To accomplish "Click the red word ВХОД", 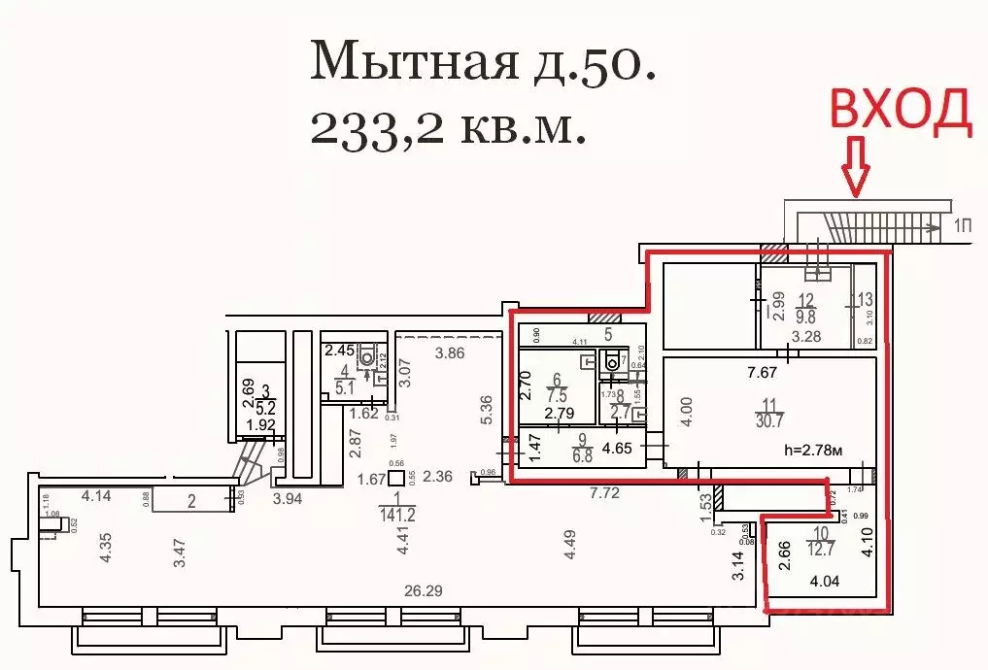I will click(x=899, y=111).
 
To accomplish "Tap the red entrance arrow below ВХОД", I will click(x=856, y=166).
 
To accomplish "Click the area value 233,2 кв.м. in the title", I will click(x=448, y=126).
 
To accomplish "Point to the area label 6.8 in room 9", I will click(x=557, y=455).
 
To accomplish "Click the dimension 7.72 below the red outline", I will click(x=606, y=492).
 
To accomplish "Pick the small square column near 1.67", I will click(x=395, y=478).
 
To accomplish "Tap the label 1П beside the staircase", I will click(x=964, y=226).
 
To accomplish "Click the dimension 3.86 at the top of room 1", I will click(x=449, y=352).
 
